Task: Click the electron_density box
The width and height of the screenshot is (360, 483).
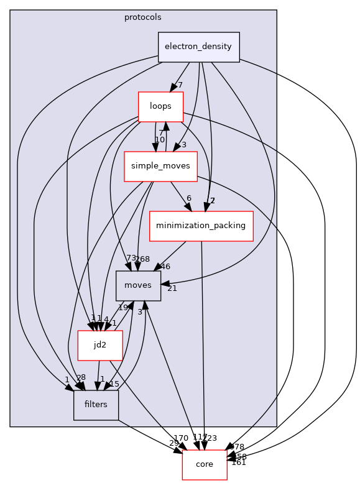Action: click(199, 47)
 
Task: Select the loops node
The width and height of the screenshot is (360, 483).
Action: click(160, 106)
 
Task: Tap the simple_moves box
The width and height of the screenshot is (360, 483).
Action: click(152, 166)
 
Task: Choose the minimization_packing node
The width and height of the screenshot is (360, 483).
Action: click(201, 226)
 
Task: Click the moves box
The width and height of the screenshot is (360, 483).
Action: click(138, 285)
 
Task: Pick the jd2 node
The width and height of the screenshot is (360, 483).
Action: click(99, 345)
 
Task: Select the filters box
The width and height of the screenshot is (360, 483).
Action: click(96, 405)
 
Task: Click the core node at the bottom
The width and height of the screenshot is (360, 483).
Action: click(204, 464)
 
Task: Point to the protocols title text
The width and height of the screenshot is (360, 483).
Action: click(143, 17)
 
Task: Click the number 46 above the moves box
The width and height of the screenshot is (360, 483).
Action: click(165, 267)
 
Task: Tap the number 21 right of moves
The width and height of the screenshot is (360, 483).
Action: click(172, 288)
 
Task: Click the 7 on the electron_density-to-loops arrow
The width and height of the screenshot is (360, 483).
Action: click(180, 85)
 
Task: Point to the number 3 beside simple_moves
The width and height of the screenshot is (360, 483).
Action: click(184, 145)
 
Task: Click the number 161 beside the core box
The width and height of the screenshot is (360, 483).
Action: click(239, 462)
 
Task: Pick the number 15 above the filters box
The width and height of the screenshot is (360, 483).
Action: click(114, 384)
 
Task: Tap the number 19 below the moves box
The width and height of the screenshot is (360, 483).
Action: click(123, 308)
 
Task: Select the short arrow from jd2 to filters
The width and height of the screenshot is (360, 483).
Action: click(98, 376)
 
